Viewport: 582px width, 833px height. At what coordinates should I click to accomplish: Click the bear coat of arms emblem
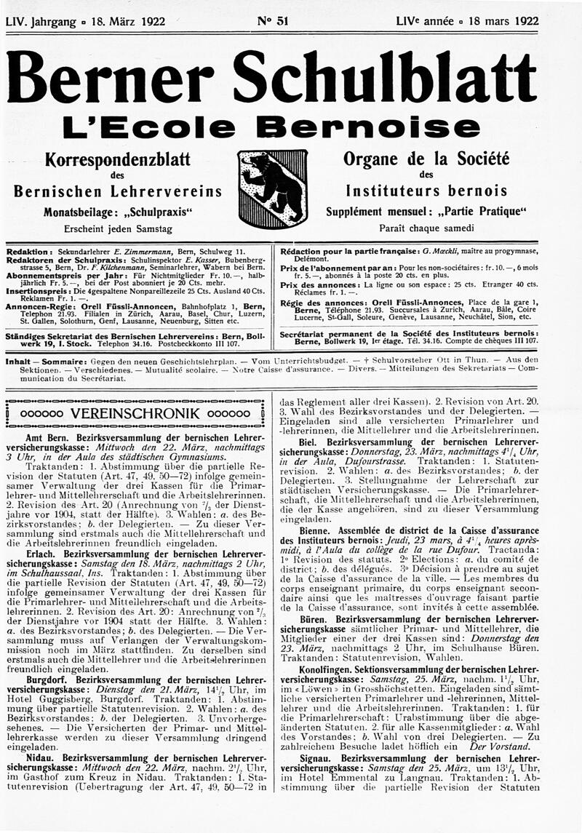[x=273, y=188]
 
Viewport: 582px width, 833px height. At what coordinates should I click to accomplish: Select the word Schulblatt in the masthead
[x=396, y=79]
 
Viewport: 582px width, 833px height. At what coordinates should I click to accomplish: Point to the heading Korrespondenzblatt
[x=117, y=159]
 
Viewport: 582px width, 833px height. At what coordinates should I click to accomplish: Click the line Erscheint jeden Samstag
[x=117, y=228]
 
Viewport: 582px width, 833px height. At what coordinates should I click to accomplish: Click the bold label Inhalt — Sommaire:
[x=47, y=360]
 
